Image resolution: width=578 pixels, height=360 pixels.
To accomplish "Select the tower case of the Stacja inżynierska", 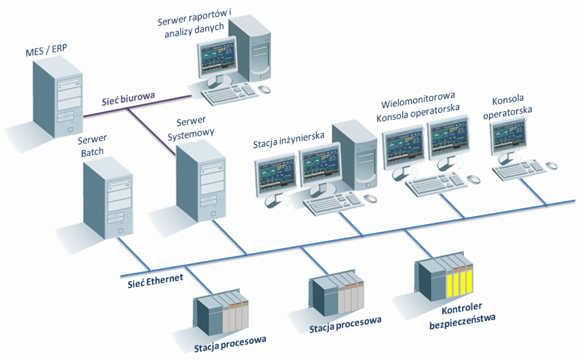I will (x=355, y=156).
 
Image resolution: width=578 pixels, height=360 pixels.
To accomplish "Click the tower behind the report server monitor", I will (x=251, y=47).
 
